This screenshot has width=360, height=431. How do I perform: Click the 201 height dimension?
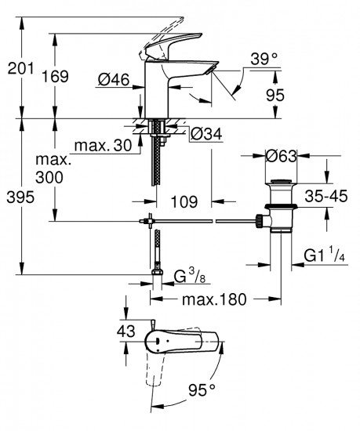19,69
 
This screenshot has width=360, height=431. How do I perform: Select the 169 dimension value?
74,76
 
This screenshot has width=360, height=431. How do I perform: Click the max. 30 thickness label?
103,147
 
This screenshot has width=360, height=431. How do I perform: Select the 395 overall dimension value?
20,198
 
